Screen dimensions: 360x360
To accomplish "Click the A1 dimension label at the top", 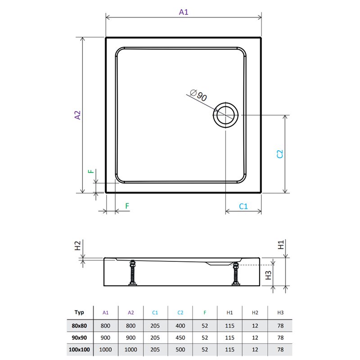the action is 184,12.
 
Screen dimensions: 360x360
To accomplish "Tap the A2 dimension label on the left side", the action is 77,115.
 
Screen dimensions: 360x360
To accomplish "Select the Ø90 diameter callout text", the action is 199,95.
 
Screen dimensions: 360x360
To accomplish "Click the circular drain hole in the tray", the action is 226,115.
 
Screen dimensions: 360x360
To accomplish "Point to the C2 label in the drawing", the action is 280,154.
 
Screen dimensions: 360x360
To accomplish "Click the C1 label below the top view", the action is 243,207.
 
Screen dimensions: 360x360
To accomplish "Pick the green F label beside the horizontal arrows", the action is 127,206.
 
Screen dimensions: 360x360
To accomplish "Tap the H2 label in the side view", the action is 77,245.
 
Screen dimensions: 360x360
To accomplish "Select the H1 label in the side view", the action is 281,245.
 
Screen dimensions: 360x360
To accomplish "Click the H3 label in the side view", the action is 268,275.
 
